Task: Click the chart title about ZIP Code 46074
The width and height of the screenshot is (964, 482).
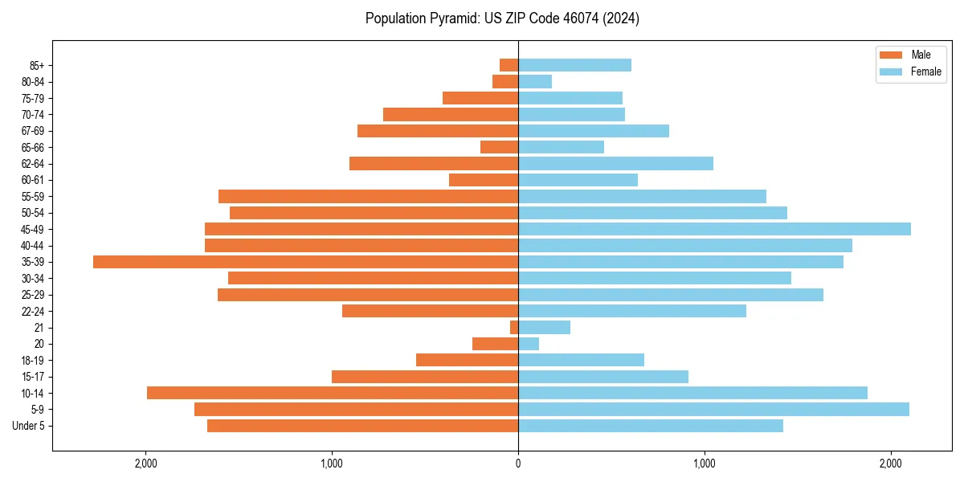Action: (502, 18)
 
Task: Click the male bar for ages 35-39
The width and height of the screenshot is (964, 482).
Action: (305, 262)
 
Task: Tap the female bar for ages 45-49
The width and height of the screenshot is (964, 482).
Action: (714, 229)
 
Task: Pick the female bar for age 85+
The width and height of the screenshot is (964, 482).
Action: (574, 65)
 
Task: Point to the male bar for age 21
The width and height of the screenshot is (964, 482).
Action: (514, 328)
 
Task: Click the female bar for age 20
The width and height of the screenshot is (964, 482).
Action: (529, 344)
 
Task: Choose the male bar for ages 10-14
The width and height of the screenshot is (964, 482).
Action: (333, 393)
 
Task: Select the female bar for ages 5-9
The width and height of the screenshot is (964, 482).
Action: (713, 409)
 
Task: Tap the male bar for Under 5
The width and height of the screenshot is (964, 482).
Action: (362, 426)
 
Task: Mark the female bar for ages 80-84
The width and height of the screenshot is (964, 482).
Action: (535, 81)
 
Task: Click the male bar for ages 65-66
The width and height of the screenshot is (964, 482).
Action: (499, 147)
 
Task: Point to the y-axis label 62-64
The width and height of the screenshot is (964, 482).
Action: (33, 164)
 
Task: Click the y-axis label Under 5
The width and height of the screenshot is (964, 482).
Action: (29, 426)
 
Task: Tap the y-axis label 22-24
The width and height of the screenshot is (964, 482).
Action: (33, 311)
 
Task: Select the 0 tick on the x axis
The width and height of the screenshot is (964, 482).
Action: (518, 464)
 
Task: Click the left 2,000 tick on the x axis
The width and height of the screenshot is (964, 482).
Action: (145, 464)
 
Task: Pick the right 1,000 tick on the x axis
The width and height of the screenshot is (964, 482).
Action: (704, 464)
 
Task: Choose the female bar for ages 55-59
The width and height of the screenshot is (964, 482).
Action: (642, 196)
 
